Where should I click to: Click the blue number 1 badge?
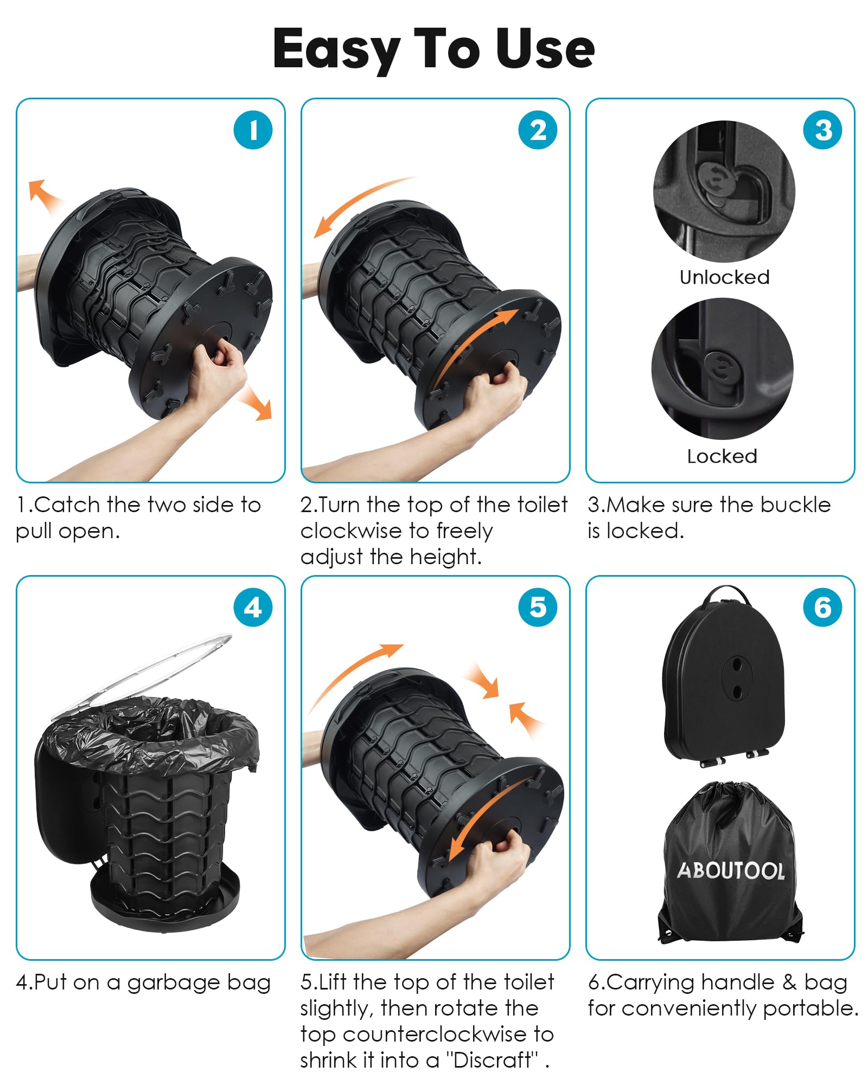[253, 130]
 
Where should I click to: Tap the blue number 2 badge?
[538, 130]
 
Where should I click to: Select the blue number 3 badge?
[823, 130]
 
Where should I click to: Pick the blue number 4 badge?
[253, 608]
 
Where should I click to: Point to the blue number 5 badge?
[538, 608]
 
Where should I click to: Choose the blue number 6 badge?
[823, 608]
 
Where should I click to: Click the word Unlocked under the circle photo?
[725, 277]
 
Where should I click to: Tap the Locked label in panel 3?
[722, 456]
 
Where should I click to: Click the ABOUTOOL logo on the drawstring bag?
[731, 871]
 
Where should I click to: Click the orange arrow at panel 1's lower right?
[255, 402]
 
